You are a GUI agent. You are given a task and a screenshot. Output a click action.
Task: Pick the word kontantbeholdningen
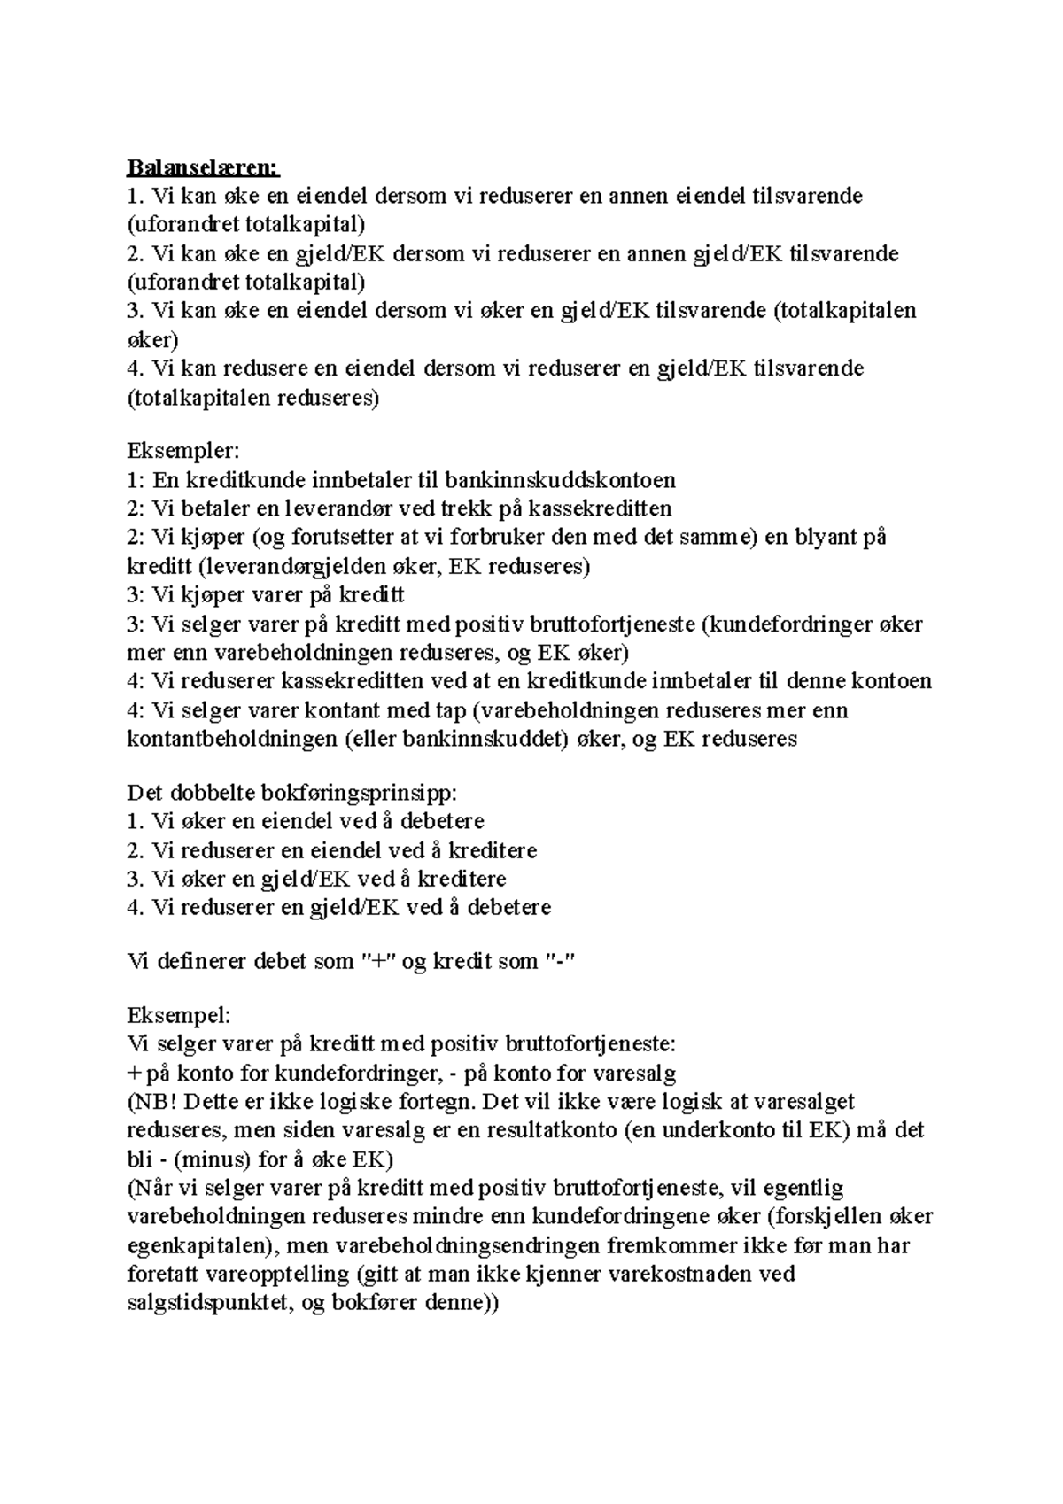(x=230, y=739)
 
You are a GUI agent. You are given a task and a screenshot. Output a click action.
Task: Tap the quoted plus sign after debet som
(x=381, y=961)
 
